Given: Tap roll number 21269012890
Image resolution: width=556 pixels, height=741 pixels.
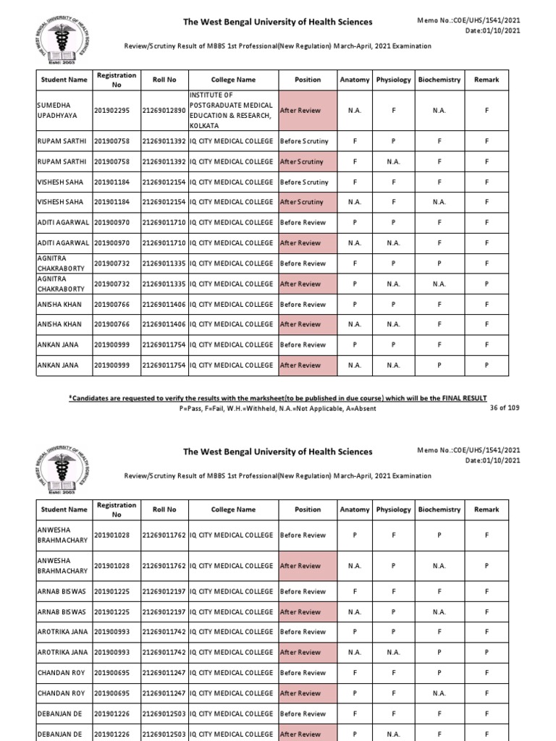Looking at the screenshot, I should point(164,111).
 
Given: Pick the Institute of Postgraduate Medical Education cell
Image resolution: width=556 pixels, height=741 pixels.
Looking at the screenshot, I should point(231,111).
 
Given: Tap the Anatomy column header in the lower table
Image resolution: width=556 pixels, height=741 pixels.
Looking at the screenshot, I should point(355,509).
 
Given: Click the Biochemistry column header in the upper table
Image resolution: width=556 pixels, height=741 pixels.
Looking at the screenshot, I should point(439,80).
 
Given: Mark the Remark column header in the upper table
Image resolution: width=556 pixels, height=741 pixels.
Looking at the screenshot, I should point(486,80).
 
